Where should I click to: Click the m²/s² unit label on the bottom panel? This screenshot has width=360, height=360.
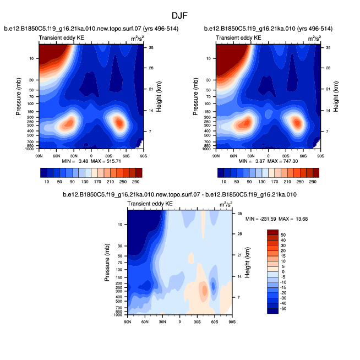[226, 205]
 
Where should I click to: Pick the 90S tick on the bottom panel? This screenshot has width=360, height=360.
[231, 321]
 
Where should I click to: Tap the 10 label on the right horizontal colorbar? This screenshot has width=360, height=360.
[225, 181]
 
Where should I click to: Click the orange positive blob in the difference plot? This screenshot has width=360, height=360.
[204, 290]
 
